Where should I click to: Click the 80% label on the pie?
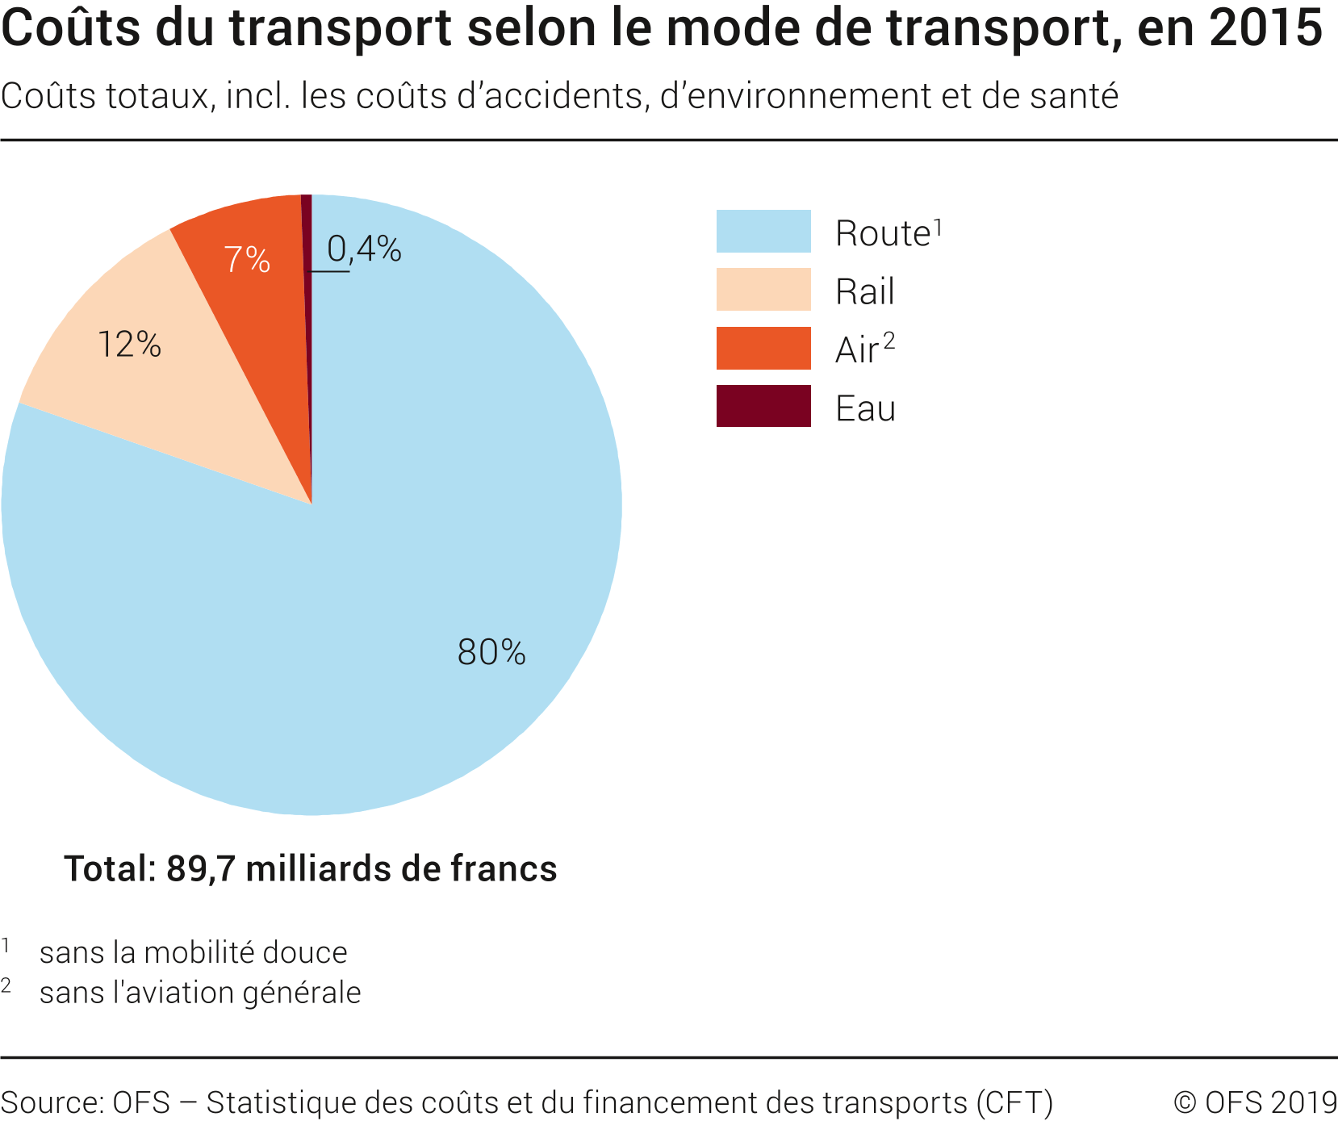491,652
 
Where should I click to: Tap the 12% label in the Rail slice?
129,345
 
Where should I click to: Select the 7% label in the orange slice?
247,259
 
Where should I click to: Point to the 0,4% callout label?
364,249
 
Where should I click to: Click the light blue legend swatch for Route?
763,232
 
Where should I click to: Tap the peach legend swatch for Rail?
763,290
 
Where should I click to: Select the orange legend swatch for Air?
763,349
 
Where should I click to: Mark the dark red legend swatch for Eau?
763,406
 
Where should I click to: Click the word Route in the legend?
883,234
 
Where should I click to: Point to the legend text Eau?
865,408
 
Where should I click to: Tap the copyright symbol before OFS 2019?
1185,1102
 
